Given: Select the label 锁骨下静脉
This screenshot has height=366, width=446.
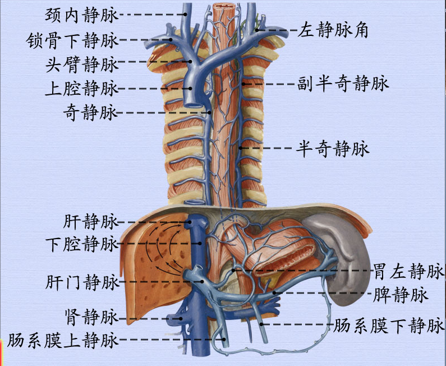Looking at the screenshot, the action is [x=72, y=40].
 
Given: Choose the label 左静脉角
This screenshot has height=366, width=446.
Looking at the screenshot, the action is [x=333, y=30].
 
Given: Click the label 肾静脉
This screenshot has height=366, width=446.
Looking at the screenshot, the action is [x=91, y=318].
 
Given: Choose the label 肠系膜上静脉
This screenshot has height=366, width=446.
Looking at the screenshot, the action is [x=63, y=340].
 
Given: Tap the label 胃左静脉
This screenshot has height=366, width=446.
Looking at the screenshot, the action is [x=408, y=272].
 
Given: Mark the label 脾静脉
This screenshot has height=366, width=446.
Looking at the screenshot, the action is [x=401, y=294].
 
